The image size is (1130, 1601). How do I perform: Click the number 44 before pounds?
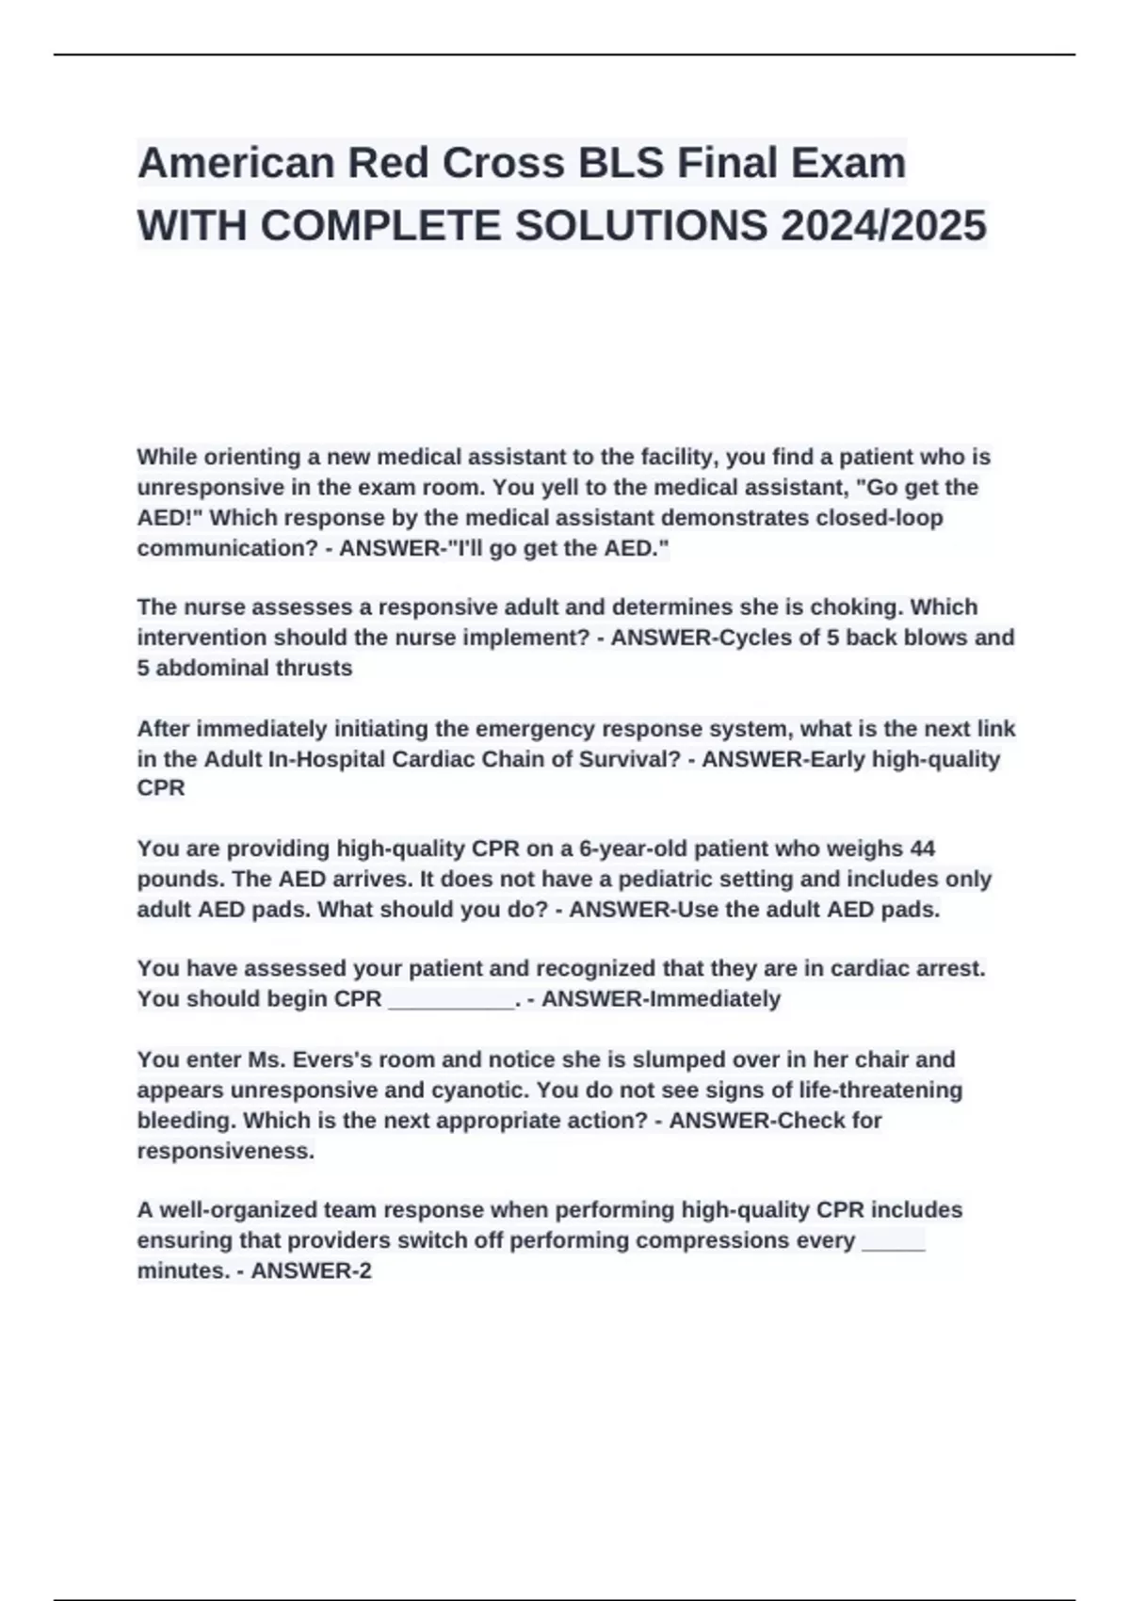(922, 849)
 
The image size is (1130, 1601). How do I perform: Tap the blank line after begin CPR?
(451, 1000)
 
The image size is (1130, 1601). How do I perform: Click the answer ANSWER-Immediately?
(661, 999)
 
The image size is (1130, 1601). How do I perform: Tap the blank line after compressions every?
(894, 1242)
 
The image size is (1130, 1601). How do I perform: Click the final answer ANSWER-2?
(312, 1271)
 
